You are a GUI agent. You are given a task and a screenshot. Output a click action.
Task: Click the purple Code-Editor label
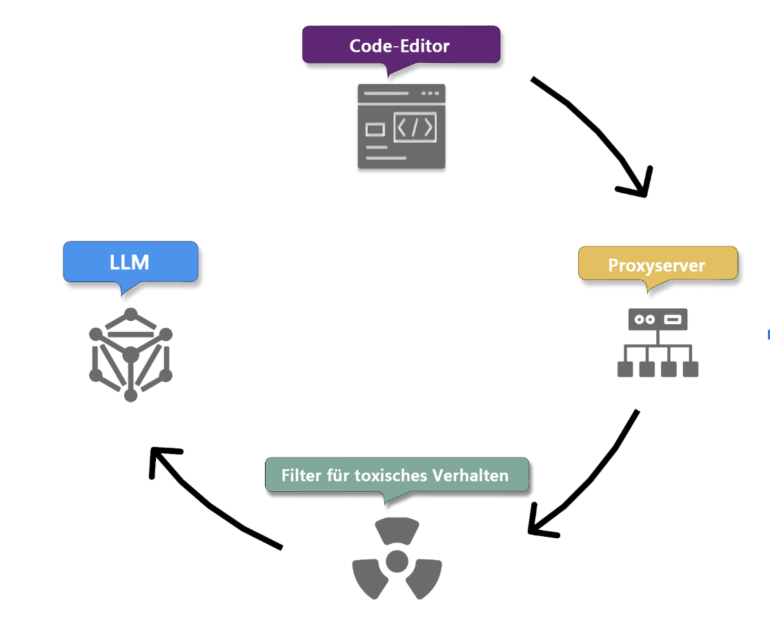tap(400, 46)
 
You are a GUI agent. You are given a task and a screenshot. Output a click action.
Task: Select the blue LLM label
tap(130, 261)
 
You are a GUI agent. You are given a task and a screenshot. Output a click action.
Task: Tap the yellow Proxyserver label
tap(657, 265)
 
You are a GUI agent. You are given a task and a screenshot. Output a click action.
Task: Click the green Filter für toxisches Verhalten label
tap(396, 475)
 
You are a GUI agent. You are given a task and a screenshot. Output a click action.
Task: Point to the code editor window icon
tap(402, 127)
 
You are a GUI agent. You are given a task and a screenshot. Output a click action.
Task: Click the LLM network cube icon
tap(130, 355)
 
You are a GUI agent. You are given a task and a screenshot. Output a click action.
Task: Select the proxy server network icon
tap(658, 343)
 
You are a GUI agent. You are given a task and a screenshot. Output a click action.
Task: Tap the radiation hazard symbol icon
tap(397, 560)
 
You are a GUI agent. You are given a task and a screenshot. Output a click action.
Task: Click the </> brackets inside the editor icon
tap(415, 128)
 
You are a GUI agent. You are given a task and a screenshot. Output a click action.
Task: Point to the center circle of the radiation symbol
tap(397, 561)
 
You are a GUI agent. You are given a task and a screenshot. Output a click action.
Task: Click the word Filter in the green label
tap(302, 475)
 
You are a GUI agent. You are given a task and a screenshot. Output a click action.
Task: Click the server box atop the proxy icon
tap(658, 319)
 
